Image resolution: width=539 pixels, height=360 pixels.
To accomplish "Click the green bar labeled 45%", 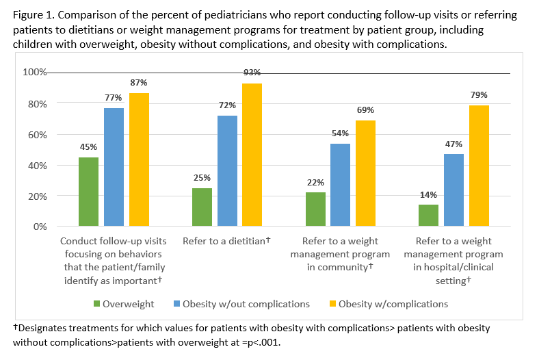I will coord(88,192).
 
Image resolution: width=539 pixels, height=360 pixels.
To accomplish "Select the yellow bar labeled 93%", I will coord(251,155).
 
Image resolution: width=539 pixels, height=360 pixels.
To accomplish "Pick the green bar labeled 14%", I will coord(428,215).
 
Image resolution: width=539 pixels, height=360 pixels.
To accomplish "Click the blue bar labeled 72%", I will coord(227,171).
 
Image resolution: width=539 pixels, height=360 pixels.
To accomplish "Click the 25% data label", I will coord(202,178).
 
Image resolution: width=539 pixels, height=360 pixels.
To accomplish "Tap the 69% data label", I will coord(365,110).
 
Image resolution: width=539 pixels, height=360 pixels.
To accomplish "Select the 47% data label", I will coord(453,144).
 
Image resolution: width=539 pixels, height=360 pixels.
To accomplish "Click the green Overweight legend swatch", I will coord(96,303).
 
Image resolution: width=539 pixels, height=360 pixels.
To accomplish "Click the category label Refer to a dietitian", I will coord(226,242).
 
